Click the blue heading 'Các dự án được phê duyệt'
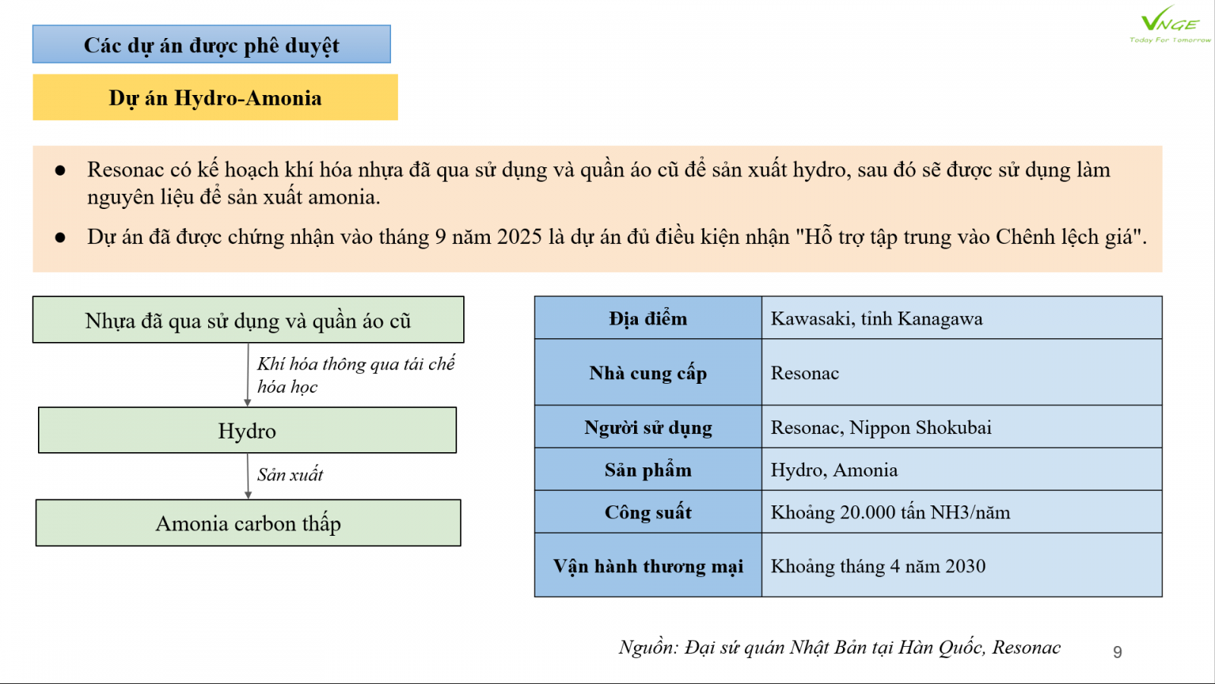pyautogui.click(x=211, y=45)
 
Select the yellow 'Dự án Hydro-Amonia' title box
pyautogui.click(x=215, y=98)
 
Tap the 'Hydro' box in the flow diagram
pyautogui.click(x=247, y=431)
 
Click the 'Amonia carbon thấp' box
pyautogui.click(x=248, y=524)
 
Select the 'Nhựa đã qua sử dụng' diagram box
pyautogui.click(x=248, y=321)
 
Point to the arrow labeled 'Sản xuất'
pyautogui.click(x=248, y=476)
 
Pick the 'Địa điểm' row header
pyautogui.click(x=648, y=318)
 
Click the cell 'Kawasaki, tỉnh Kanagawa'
pyautogui.click(x=876, y=318)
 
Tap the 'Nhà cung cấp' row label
pyautogui.click(x=648, y=373)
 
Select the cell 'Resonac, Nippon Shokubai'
pyautogui.click(x=881, y=427)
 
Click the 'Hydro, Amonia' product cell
pyautogui.click(x=834, y=470)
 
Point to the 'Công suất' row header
pyautogui.click(x=648, y=512)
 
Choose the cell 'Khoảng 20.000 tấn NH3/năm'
pyautogui.click(x=890, y=512)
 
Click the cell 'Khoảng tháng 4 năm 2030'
pyautogui.click(x=878, y=566)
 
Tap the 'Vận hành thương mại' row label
pyautogui.click(x=648, y=566)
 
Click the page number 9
pyautogui.click(x=1117, y=652)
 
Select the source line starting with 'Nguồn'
pyautogui.click(x=839, y=648)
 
